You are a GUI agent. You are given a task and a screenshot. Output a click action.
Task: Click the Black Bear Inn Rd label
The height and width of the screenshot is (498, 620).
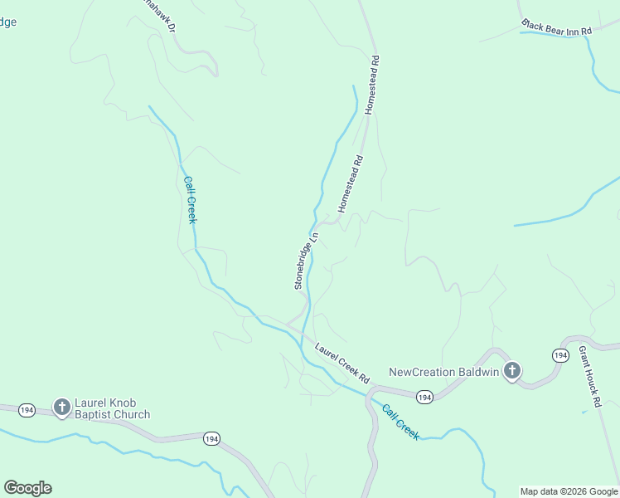pos(557,27)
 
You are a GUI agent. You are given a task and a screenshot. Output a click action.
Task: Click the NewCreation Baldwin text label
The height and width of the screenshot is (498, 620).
pos(444,372)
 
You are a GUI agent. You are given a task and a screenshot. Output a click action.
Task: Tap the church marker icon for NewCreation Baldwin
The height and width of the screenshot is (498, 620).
pos(512,371)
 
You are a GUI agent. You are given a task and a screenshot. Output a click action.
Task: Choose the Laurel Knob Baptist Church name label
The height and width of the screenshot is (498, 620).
pos(113,408)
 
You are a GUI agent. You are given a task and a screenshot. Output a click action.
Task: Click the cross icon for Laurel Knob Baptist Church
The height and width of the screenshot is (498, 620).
pos(61,407)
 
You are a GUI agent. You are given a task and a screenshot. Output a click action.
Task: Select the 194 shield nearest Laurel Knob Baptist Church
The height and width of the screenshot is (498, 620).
pos(27,409)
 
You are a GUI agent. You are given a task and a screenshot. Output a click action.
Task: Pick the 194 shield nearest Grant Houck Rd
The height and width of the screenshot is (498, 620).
pos(561,355)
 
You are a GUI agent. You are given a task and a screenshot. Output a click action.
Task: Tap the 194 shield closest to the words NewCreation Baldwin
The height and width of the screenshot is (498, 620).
pos(424,398)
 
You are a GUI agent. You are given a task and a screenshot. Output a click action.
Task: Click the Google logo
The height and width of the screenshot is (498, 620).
pos(27,488)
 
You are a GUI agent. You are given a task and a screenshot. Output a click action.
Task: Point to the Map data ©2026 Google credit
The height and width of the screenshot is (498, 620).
pos(569,491)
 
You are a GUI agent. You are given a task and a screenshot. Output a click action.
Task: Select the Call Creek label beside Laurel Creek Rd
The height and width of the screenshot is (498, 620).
pos(400,422)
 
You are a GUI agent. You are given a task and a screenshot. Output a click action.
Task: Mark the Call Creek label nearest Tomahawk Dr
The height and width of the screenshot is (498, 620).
pos(190,199)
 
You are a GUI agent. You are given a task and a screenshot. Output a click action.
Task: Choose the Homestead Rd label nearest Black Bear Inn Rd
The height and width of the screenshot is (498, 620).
pos(373,84)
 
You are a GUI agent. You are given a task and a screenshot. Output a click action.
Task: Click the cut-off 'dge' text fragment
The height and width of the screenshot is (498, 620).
pos(7,22)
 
